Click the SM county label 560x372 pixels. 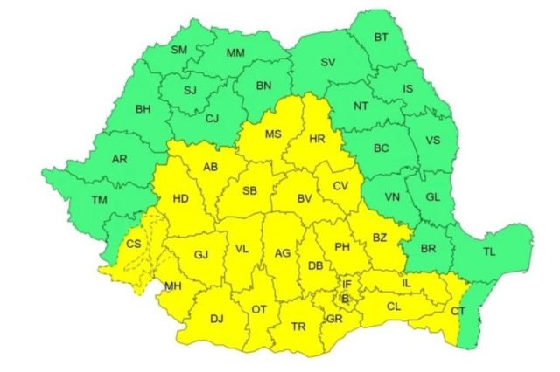tap(179, 50)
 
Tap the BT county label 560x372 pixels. tap(381, 37)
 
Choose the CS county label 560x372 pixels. tap(134, 244)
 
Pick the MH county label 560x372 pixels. tap(173, 286)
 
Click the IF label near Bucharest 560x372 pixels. tap(346, 284)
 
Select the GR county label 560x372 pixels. tap(333, 319)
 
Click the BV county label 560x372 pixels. tap(304, 199)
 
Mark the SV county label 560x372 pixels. tap(328, 62)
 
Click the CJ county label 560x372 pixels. tap(211, 120)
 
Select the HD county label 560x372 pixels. tap(181, 198)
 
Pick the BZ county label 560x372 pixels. tap(379, 237)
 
